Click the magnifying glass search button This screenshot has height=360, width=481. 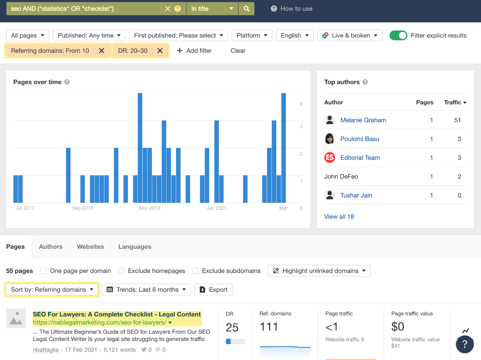coord(246,9)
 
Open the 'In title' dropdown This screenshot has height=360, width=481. coord(212,9)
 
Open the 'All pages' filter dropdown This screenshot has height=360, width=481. coord(27,35)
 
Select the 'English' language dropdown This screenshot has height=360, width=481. coord(294,35)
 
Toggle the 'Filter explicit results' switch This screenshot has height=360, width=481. coord(398,35)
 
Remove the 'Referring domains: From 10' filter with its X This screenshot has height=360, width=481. coord(102,51)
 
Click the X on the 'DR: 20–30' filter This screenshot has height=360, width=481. coord(160,51)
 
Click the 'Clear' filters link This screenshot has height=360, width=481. coord(238,51)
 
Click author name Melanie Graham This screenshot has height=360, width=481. coord(363,120)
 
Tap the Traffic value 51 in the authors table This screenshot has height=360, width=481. coord(457,120)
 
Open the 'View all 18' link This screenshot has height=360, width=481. coord(339,217)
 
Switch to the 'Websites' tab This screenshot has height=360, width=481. coord(90,247)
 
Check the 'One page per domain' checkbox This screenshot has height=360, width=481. coord(44,271)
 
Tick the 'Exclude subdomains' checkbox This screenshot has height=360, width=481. coord(196,271)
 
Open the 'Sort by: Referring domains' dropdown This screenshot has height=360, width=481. coord(52,290)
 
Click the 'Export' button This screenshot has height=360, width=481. coord(213,290)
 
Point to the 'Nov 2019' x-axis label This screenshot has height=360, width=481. coord(149,208)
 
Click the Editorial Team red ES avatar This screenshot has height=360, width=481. coord(329,158)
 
